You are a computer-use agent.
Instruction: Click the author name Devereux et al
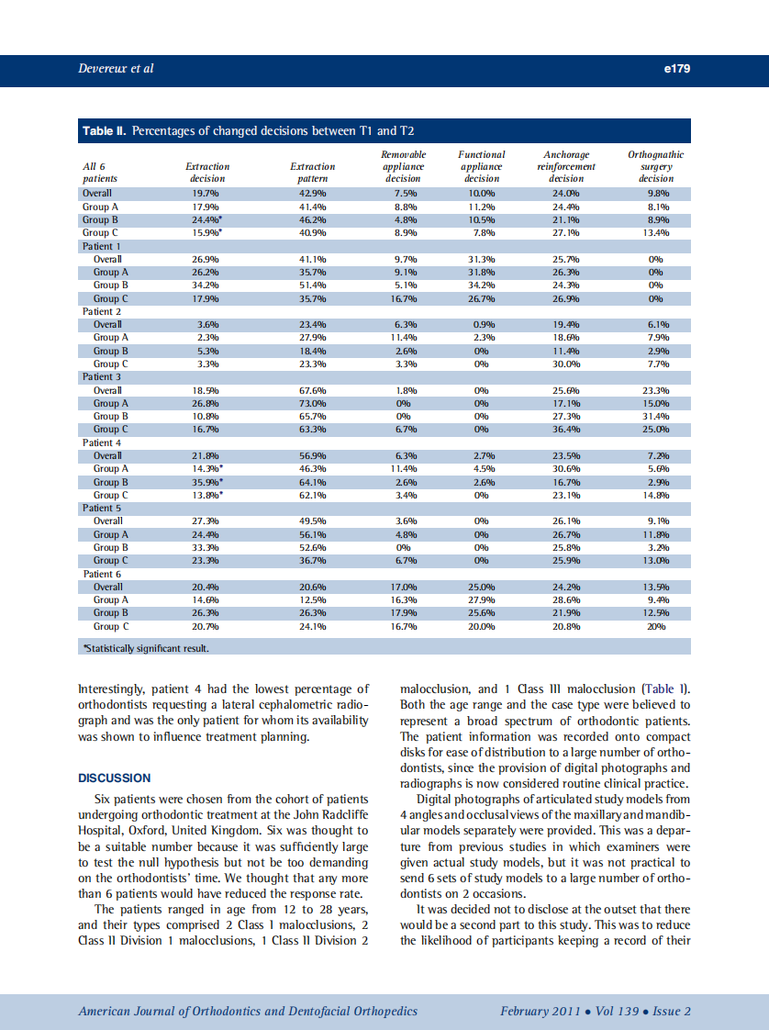[x=116, y=69]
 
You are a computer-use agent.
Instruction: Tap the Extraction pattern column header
[x=312, y=173]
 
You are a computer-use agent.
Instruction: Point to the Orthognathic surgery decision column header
[x=655, y=167]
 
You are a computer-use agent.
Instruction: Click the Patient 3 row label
[x=102, y=376]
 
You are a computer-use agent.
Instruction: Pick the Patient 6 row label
[x=102, y=574]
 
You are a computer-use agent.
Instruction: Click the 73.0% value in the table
[x=312, y=403]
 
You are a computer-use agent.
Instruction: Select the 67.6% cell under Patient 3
[x=312, y=390]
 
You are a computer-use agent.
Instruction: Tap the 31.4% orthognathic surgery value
[x=655, y=416]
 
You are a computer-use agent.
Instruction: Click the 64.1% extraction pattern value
[x=312, y=482]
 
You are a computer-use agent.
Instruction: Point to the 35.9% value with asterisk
[x=208, y=482]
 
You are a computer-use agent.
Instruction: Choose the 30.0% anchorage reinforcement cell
[x=565, y=364]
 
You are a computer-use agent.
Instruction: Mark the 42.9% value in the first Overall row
[x=312, y=194]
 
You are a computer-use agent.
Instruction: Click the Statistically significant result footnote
[x=146, y=648]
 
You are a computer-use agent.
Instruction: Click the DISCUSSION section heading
[x=115, y=778]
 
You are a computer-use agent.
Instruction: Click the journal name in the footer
[x=248, y=1012]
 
